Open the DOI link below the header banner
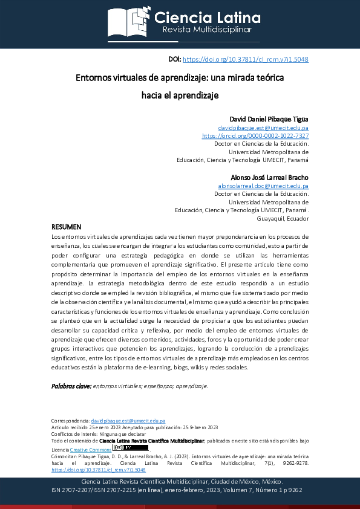coord(245,60)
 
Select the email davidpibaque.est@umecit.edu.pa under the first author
coord(263,128)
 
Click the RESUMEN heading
coord(66,227)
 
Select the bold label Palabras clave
coord(71,386)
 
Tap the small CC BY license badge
coord(121,448)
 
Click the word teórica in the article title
coord(268,78)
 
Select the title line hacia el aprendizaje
coord(179,95)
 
